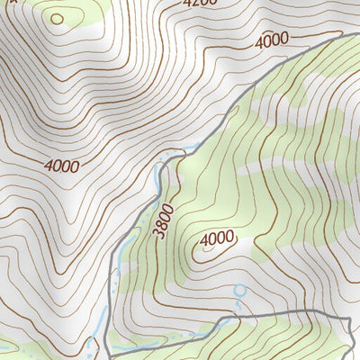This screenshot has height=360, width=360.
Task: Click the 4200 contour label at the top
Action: coord(200,3)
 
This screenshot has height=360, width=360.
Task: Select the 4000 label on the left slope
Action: coord(61,166)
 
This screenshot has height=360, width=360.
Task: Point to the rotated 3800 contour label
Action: coord(163,220)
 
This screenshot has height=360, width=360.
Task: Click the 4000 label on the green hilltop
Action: coord(216,239)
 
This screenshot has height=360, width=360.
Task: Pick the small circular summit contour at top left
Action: coord(58,18)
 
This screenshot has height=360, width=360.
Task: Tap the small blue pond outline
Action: coord(239,292)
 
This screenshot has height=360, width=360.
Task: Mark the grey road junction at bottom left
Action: coord(108,349)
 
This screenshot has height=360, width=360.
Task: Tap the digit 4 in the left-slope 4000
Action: coord(47,166)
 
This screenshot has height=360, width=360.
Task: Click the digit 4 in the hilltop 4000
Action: coord(202,239)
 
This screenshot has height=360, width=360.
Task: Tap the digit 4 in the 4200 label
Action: coord(186,3)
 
